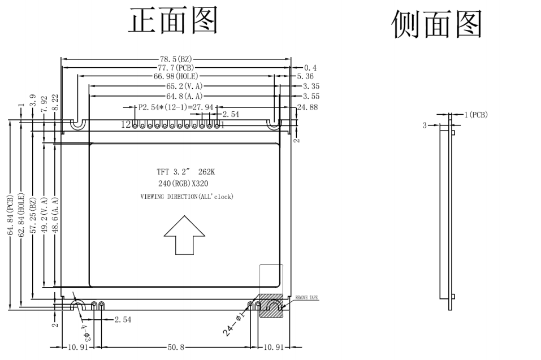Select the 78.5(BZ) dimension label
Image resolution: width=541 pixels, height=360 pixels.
pyautogui.click(x=176, y=59)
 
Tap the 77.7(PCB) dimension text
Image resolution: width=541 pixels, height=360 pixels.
pyautogui.click(x=176, y=68)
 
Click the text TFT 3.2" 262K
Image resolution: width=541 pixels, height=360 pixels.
pyautogui.click(x=185, y=171)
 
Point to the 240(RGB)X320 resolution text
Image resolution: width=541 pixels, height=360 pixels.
pyautogui.click(x=185, y=184)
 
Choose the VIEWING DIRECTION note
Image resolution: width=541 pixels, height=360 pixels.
pyautogui.click(x=186, y=197)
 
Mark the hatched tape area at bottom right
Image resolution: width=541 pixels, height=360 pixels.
pyautogui.click(x=271, y=305)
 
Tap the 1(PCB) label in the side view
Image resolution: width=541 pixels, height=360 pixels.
pyautogui.click(x=475, y=115)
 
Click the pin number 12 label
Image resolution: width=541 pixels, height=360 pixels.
pyautogui.click(x=125, y=125)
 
